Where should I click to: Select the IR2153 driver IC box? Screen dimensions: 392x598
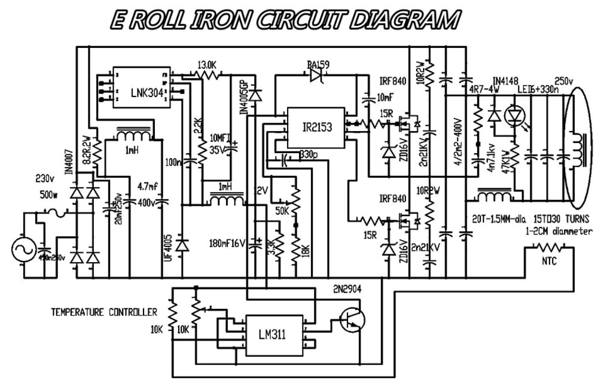pos(315,128)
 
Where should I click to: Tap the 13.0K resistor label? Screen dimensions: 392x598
pos(206,65)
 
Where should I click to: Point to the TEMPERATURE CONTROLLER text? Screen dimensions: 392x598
pos(104,312)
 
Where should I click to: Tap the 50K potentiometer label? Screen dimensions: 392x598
pos(282,211)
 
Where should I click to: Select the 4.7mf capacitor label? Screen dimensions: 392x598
pos(147,186)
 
